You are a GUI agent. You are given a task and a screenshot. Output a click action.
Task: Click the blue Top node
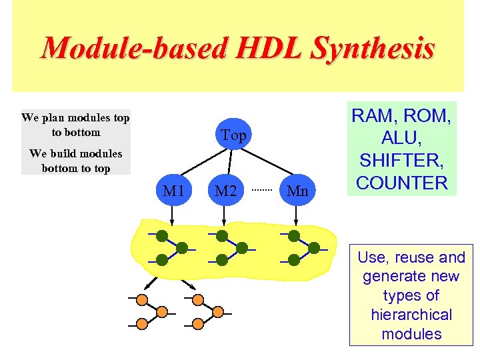pos(233,136)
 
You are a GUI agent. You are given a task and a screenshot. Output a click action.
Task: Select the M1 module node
pos(173,191)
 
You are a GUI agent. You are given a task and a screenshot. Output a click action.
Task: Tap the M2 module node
pos(226,191)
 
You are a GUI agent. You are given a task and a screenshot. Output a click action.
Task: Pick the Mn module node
pos(297,191)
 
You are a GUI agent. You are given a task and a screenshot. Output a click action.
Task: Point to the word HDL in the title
pos(263,48)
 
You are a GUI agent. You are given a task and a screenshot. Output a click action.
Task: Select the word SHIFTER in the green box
pos(403,160)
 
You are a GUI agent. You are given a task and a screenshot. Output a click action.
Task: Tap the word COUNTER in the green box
pos(403,183)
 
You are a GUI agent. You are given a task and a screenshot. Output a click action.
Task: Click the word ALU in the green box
pos(403,138)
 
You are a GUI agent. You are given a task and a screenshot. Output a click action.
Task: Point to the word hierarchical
pos(411,315)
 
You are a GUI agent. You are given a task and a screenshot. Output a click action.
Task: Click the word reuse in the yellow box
pos(411,257)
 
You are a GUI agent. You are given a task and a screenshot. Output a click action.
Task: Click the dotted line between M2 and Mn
pos(262,191)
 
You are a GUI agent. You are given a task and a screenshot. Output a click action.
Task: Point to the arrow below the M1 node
pos(173,215)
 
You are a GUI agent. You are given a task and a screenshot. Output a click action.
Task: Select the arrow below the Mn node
pos(297,215)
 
